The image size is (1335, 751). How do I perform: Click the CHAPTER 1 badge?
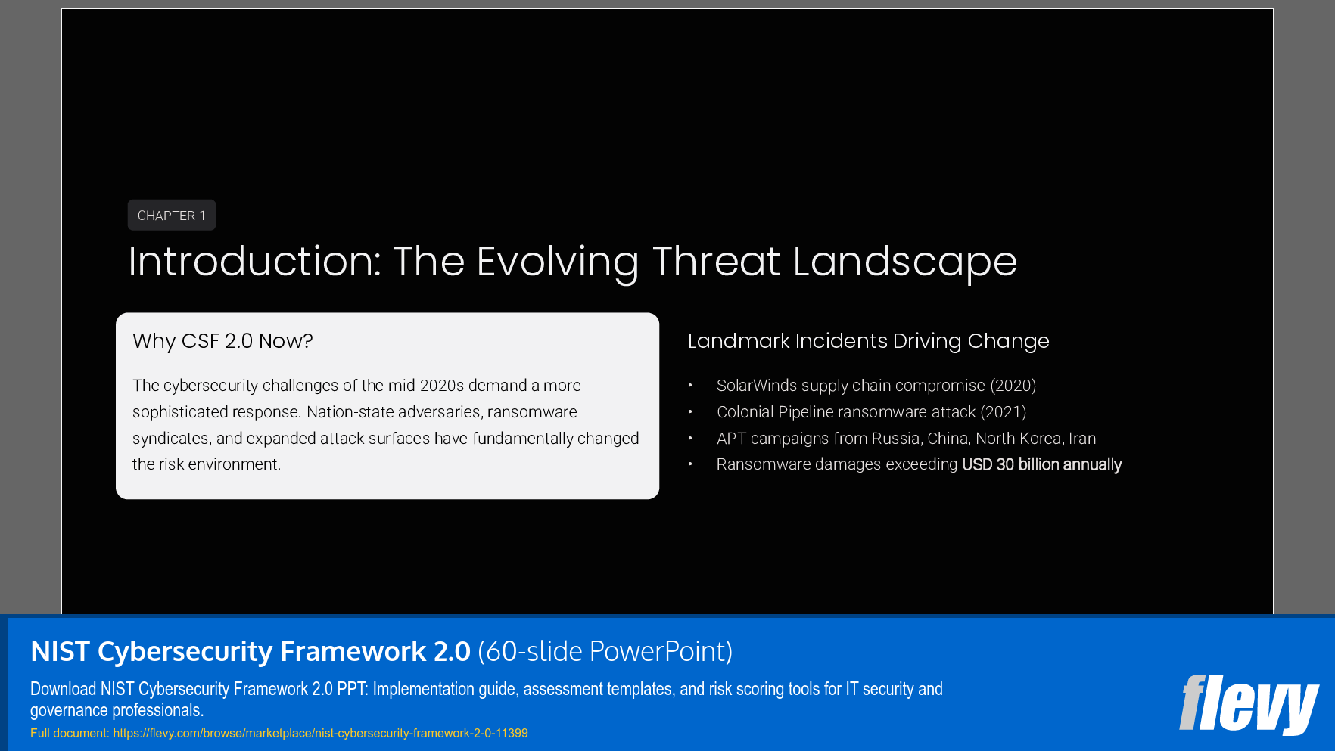pyautogui.click(x=171, y=216)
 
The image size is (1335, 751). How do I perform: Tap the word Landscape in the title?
pyautogui.click(x=904, y=262)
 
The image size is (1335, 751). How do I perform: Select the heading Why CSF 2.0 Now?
pyautogui.click(x=222, y=341)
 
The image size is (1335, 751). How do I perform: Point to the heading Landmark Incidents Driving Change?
pyautogui.click(x=868, y=341)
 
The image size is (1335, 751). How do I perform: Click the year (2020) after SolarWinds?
pyautogui.click(x=1013, y=386)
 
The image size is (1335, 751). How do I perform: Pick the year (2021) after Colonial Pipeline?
pyautogui.click(x=1004, y=412)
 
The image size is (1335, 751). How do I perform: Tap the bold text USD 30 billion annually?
pyautogui.click(x=1041, y=464)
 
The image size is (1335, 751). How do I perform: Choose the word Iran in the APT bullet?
pyautogui.click(x=1082, y=439)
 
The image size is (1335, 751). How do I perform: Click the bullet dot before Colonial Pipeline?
pyautogui.click(x=690, y=412)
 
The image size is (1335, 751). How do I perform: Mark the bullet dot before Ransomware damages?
pyautogui.click(x=690, y=464)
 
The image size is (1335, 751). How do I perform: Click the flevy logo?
pyautogui.click(x=1248, y=704)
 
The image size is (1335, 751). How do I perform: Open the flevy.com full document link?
pyautogui.click(x=320, y=733)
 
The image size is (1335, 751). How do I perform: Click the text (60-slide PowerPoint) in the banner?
pyautogui.click(x=605, y=651)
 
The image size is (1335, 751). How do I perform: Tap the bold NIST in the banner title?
pyautogui.click(x=60, y=651)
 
